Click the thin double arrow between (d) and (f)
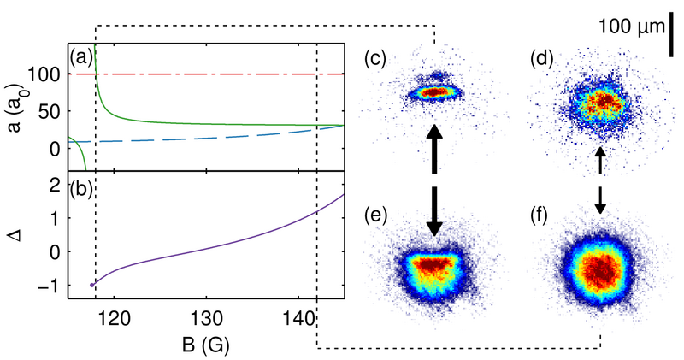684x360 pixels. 600,180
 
